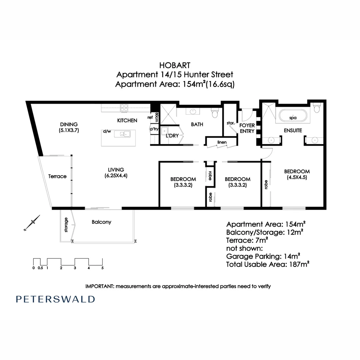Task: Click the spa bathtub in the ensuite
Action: click(x=293, y=115)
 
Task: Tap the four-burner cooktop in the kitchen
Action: click(x=124, y=107)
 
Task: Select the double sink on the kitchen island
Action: click(x=122, y=134)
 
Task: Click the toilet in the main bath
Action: click(x=215, y=114)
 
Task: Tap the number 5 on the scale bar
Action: click(x=102, y=268)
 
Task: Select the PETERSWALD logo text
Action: click(x=55, y=299)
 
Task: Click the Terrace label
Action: click(x=57, y=176)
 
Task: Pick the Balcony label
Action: click(x=102, y=222)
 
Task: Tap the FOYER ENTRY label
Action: click(x=247, y=128)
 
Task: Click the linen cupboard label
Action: click(x=222, y=142)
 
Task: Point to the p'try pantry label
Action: click(x=154, y=129)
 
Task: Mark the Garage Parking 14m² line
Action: click(x=263, y=256)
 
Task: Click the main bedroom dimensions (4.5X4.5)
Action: click(x=297, y=177)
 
